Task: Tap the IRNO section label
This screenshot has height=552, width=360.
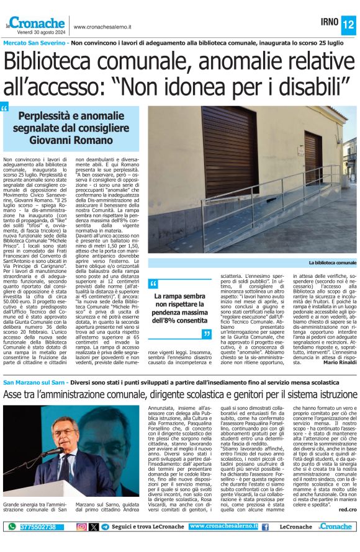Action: coord(329,22)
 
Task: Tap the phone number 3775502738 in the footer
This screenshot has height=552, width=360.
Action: coord(38,527)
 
